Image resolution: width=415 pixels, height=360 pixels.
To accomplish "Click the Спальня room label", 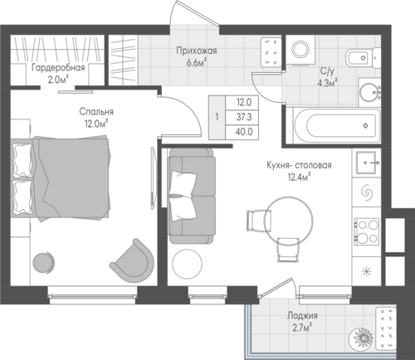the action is pos(96,112).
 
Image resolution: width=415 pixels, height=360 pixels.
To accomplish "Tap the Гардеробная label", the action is pos(58,67).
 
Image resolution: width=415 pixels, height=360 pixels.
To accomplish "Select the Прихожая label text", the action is pos(197,51).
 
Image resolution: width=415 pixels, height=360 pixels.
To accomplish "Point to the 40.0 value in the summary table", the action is pos(244,132).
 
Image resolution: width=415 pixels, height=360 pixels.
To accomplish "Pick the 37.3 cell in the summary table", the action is pos(244,117).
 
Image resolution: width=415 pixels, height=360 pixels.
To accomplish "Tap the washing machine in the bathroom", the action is pos(300,50).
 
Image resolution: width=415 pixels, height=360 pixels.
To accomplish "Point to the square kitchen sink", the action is pos(366,163).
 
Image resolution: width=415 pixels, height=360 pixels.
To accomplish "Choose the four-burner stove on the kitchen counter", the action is pos(367,231).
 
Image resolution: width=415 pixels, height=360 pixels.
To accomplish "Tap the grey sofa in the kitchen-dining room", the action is pos(192,196).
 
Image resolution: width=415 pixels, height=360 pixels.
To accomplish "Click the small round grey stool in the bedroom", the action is pos(43,262).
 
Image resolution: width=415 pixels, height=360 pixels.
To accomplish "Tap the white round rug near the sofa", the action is pos(187,264).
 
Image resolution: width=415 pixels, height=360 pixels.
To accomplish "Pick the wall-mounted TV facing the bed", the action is pos(153,178).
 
